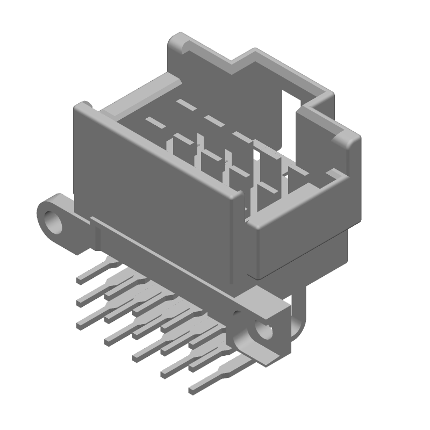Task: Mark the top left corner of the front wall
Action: [81, 107]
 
